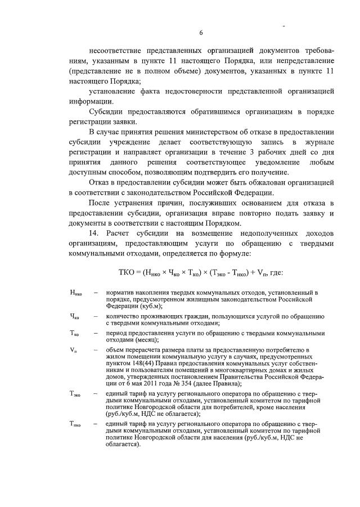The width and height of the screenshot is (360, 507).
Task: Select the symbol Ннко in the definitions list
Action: pyautogui.click(x=75, y=293)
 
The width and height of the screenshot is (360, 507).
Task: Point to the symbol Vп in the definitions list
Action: pyautogui.click(x=73, y=349)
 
